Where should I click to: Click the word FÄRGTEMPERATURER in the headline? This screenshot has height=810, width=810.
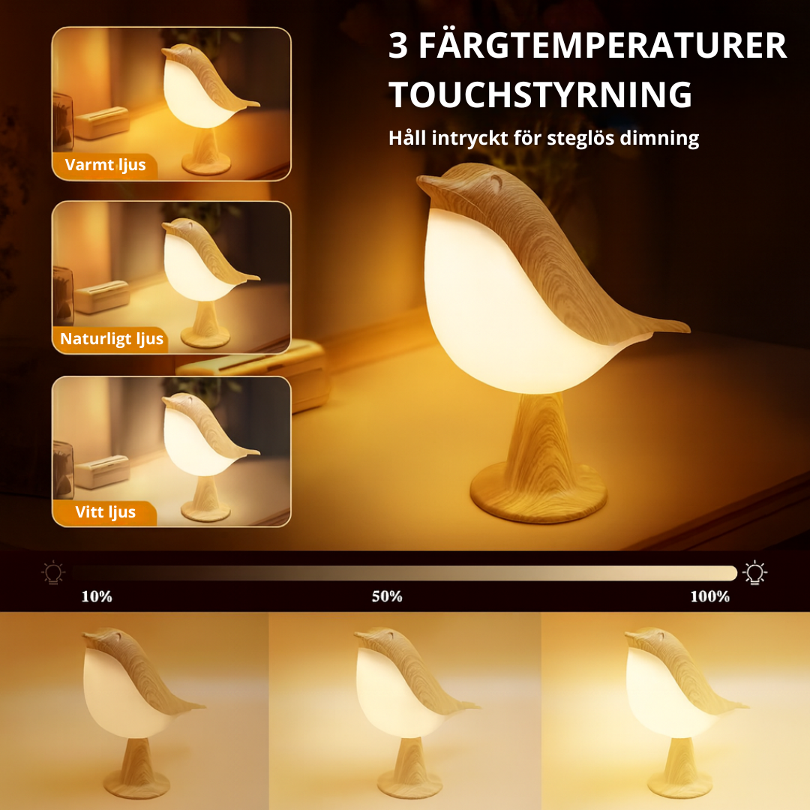coord(602,45)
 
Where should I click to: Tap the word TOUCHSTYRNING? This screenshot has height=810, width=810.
coord(540,95)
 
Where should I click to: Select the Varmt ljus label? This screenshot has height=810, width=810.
coord(106,165)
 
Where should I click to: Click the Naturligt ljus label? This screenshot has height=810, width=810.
coord(112,339)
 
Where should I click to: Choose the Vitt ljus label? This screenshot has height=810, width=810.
coord(106,512)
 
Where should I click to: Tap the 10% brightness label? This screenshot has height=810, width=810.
coord(97,597)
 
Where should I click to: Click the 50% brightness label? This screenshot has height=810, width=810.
coord(387,597)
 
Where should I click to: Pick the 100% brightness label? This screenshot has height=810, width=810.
coord(709,597)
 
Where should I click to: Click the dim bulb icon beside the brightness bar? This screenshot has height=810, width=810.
coord(53,572)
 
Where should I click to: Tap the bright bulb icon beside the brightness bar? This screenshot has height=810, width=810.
coord(754,572)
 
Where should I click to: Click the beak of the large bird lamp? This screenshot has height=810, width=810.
coord(427,185)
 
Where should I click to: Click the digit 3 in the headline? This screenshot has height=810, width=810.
coord(398,46)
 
